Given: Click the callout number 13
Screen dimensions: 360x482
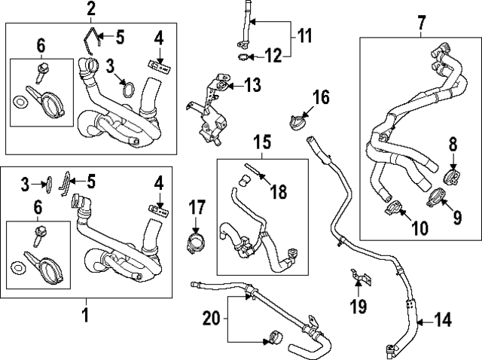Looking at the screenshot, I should coord(252,85).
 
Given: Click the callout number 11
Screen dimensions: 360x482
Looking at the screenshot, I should coord(304,35).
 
